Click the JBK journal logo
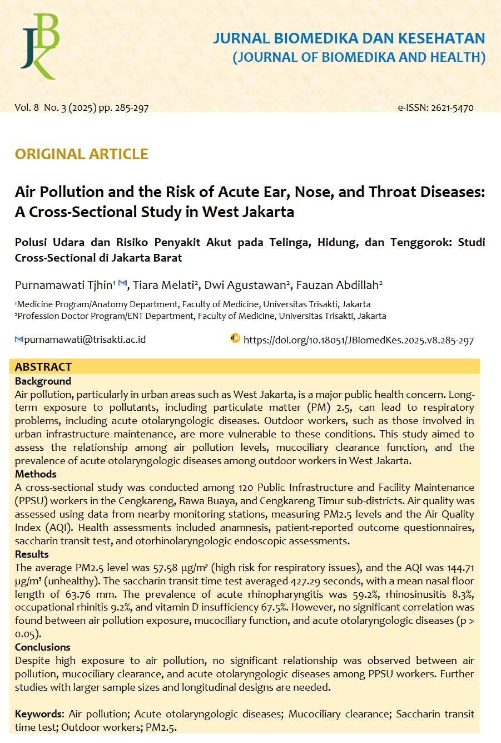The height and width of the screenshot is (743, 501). pos(40,46)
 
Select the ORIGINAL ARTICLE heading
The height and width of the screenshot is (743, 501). pos(82,154)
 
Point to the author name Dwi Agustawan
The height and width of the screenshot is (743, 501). pos(246,286)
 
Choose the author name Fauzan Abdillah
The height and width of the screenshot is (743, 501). pos(338,286)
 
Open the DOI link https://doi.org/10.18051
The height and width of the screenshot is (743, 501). pos(359,340)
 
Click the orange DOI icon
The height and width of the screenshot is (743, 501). pos(235,338)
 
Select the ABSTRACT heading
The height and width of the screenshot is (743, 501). pos(43,367)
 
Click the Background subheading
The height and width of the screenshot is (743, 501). pos(43,381)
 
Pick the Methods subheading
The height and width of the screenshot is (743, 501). pos(36,474)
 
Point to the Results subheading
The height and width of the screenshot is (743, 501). pos(32,554)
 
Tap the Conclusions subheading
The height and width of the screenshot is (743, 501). pos(42,647)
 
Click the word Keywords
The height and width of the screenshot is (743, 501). pos(38,714)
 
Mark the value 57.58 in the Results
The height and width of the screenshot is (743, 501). pos(165,568)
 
